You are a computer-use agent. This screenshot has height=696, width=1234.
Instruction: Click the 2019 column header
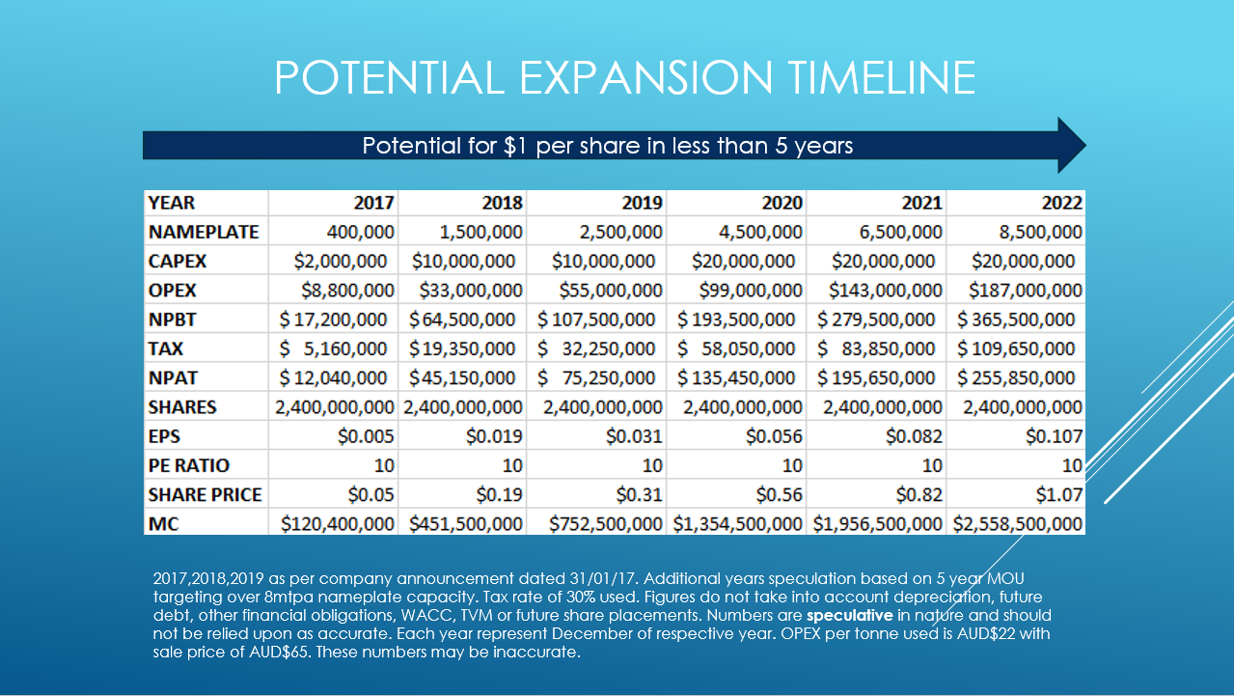click(642, 203)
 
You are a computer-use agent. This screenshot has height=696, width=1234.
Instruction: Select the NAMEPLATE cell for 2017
click(360, 232)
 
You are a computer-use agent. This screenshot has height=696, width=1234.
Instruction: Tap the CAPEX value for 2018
click(463, 262)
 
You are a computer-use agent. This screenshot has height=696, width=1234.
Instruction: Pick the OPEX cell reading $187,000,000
click(1026, 291)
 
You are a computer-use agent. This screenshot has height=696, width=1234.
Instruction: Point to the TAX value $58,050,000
click(736, 348)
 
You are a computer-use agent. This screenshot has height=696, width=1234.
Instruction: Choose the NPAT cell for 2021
click(876, 378)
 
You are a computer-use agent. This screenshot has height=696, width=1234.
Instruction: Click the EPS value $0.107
click(1054, 436)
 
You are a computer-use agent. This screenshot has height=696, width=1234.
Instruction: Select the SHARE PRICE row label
click(205, 495)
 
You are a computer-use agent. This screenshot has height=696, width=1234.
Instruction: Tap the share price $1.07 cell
click(1058, 495)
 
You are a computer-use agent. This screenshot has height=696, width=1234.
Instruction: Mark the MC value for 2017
click(337, 524)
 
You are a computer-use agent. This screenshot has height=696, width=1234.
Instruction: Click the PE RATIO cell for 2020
click(792, 465)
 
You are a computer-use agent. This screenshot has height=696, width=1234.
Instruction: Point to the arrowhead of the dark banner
click(1073, 146)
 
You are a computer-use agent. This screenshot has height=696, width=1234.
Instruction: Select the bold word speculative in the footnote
click(849, 616)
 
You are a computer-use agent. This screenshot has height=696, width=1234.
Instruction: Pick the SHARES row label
click(182, 407)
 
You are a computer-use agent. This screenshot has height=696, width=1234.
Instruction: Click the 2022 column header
click(1061, 203)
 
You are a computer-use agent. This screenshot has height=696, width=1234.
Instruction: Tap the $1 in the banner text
click(515, 146)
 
